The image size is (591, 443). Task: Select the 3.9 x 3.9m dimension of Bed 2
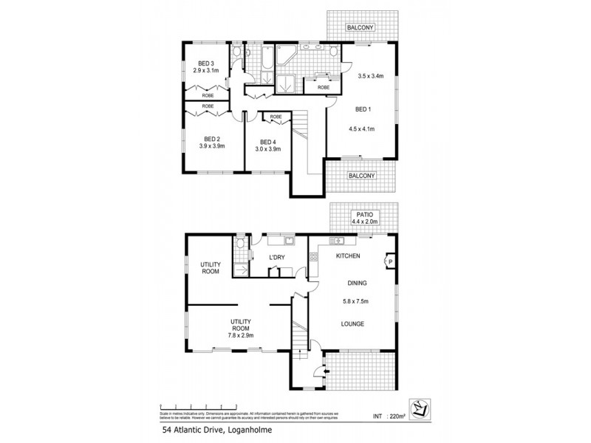[x=211, y=146]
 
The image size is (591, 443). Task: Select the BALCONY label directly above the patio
[x=361, y=176]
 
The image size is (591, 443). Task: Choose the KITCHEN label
[x=348, y=256]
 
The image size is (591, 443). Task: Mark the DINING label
[x=358, y=283]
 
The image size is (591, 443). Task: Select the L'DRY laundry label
[x=277, y=256]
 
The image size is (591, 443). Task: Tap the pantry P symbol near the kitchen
[x=389, y=261]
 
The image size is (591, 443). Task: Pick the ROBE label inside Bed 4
[x=275, y=117]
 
